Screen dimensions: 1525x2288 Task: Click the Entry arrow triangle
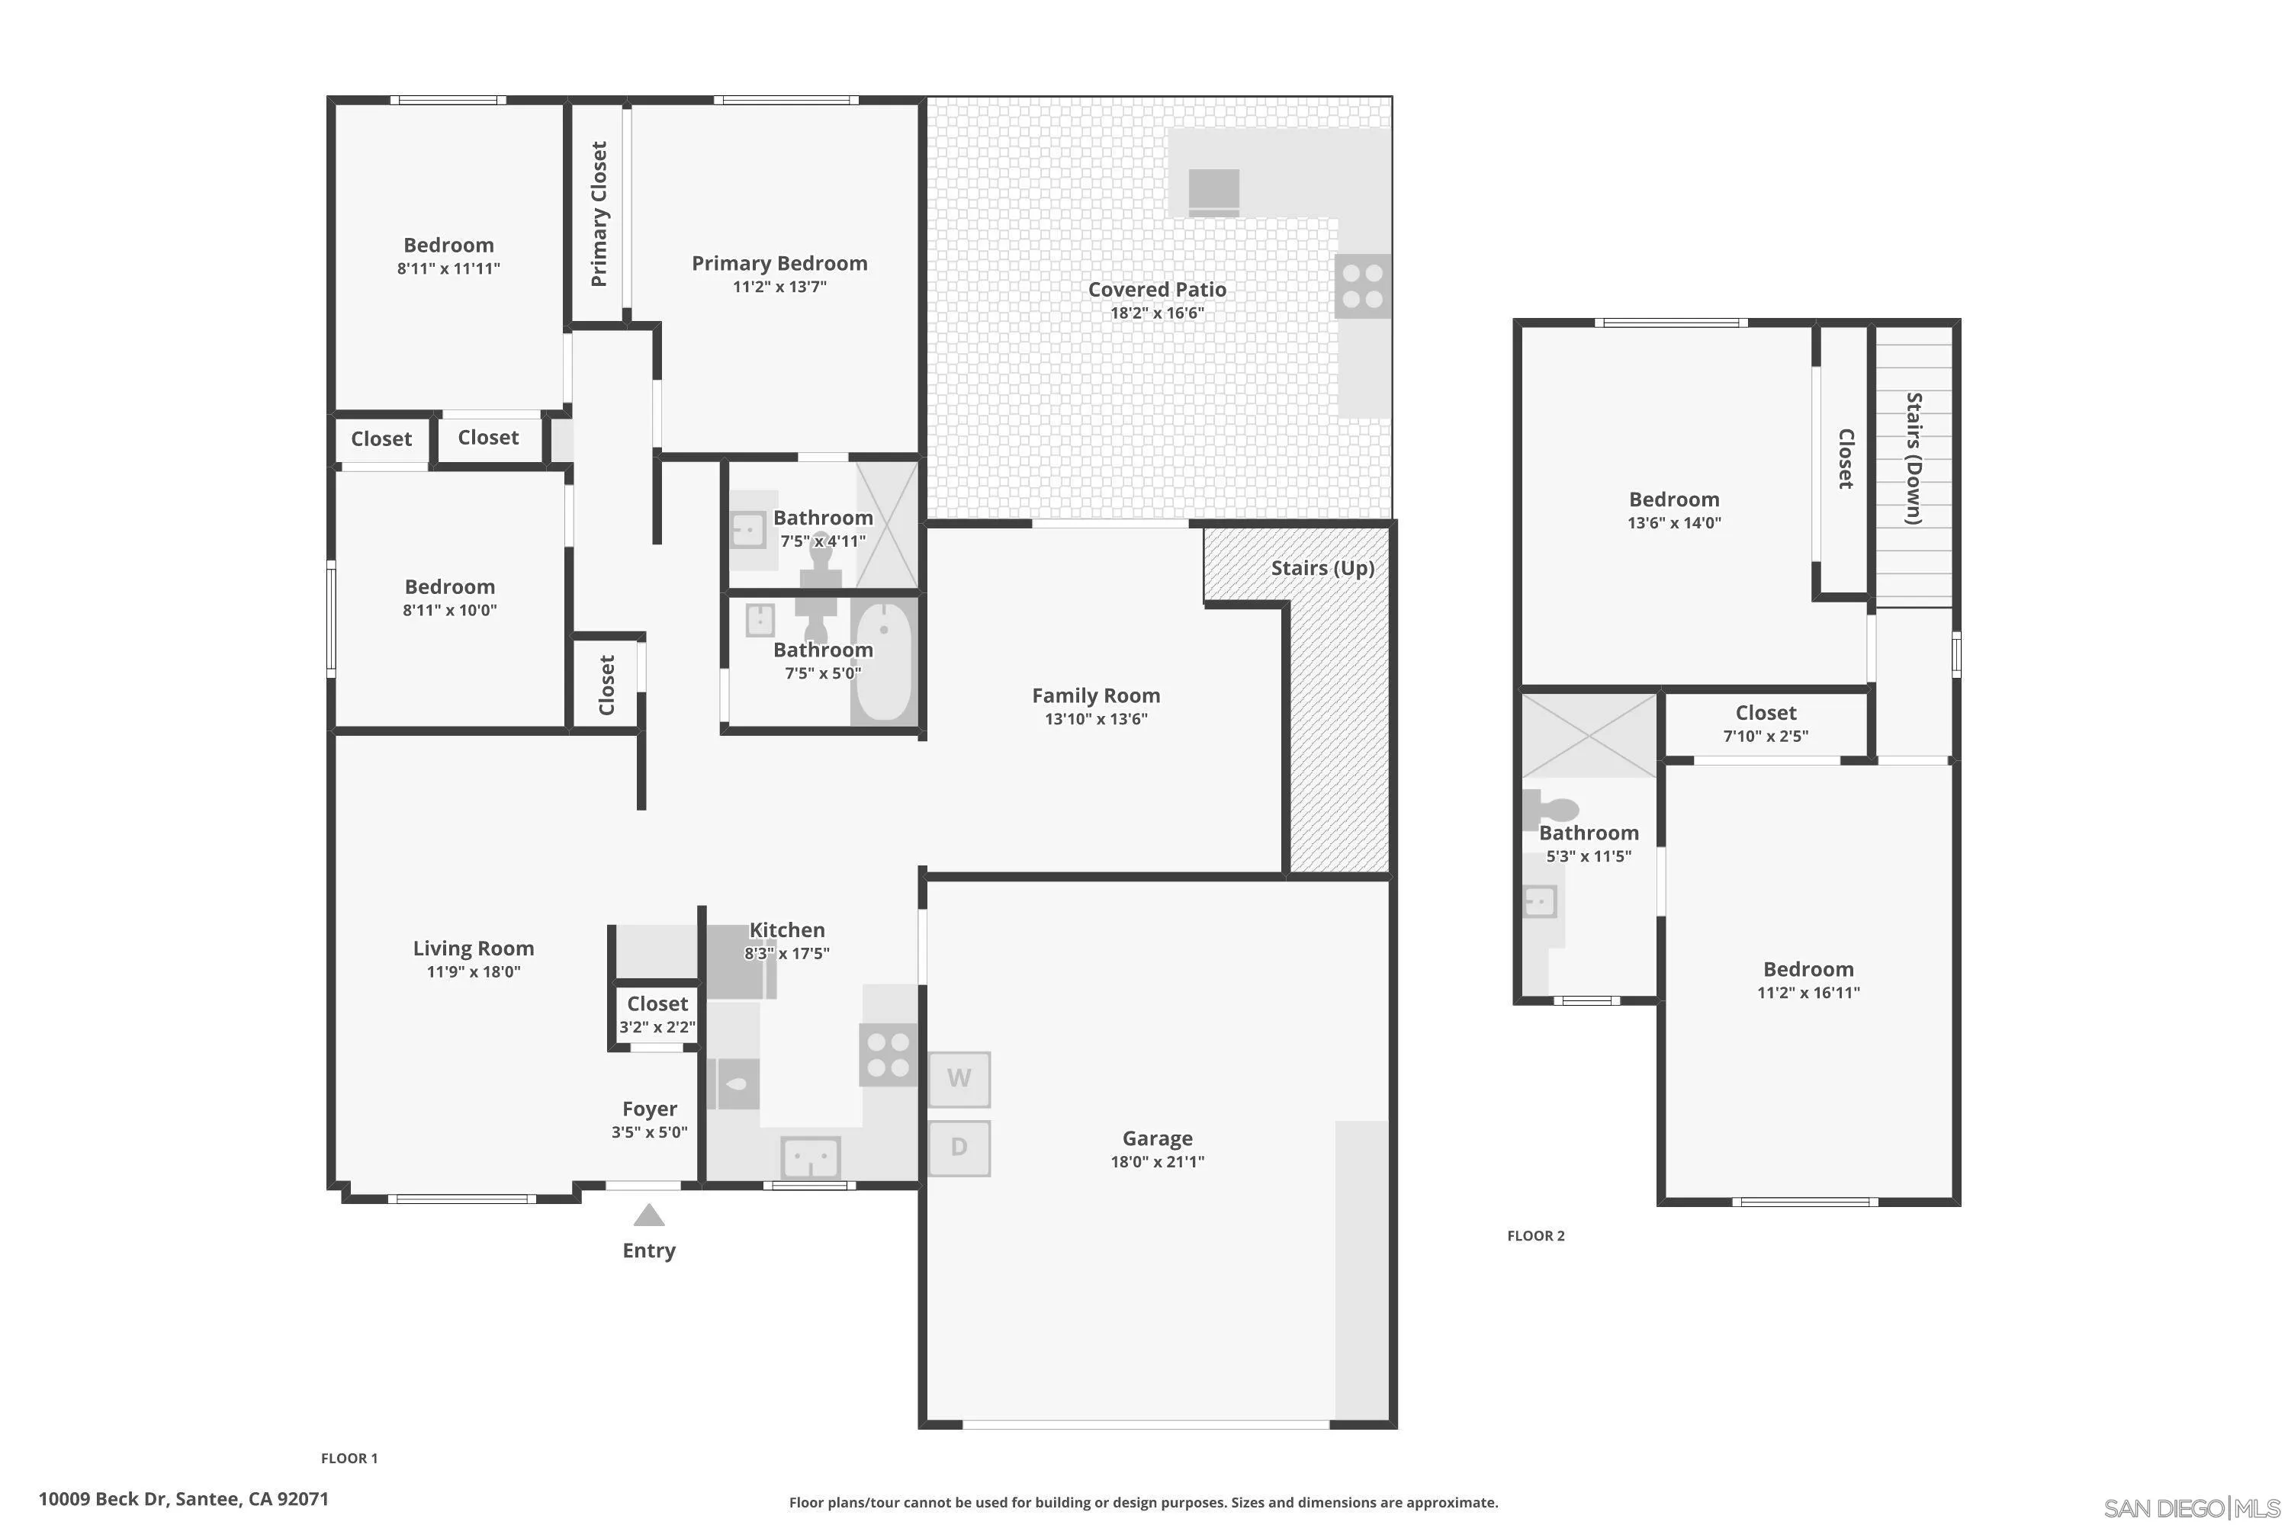coord(649,1215)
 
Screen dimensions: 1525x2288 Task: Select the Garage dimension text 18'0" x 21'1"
coord(1157,1161)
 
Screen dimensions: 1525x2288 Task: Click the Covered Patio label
coord(1157,289)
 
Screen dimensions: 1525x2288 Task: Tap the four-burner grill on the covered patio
coord(1362,286)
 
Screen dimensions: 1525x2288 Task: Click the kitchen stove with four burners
coord(887,1055)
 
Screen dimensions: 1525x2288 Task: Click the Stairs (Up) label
coord(1322,568)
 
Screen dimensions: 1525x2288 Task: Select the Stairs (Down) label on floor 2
coord(1914,458)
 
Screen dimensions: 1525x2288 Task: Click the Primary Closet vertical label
coord(598,214)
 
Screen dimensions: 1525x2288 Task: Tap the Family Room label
coord(1095,695)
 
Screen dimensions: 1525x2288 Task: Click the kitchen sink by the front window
coord(810,1158)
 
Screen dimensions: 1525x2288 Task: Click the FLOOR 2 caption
coord(1535,1236)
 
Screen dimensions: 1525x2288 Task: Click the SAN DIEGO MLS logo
coord(2193,1508)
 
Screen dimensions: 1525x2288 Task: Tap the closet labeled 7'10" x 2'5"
coord(1765,724)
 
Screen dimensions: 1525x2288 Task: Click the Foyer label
coord(649,1109)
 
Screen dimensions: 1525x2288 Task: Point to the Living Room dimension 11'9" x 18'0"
coord(473,971)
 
